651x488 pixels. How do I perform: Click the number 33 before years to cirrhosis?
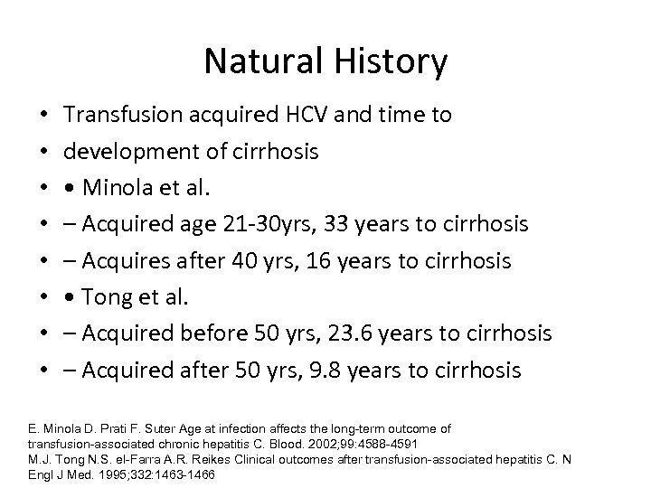click(x=326, y=224)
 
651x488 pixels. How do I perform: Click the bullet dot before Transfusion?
click(x=43, y=116)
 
